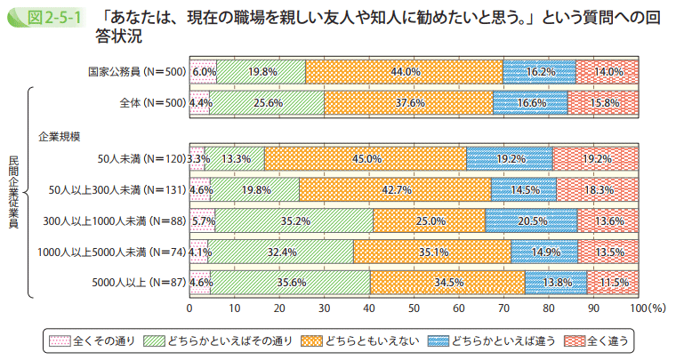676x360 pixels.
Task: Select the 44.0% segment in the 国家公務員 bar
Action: coord(404,71)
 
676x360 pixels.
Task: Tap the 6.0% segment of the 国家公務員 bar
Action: coord(203,71)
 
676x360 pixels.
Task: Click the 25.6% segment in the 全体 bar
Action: coord(267,103)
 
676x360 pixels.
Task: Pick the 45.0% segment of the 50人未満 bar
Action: coord(366,158)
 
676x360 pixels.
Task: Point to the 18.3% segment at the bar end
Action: coord(598,189)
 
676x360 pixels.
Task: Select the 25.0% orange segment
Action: coord(430,220)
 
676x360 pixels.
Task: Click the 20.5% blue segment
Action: coord(531,220)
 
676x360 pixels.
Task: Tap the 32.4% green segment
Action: coord(280,252)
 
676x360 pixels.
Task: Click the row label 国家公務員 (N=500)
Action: coord(137,71)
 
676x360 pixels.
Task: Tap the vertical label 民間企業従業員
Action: coord(14,191)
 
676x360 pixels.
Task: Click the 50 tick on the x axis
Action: coord(414,308)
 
